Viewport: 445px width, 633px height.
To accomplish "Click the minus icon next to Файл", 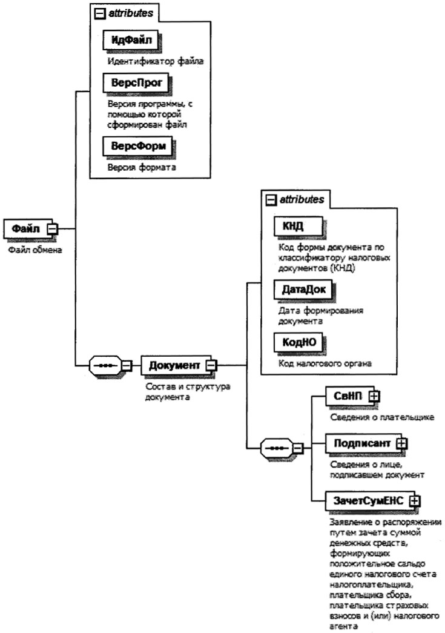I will tap(53, 228).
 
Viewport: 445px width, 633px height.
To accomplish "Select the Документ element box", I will tap(174, 365).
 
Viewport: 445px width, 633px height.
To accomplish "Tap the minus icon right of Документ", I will tap(212, 365).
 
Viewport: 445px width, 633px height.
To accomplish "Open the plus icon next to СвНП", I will tap(375, 396).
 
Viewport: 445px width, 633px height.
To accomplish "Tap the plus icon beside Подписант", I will tap(401, 443).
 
